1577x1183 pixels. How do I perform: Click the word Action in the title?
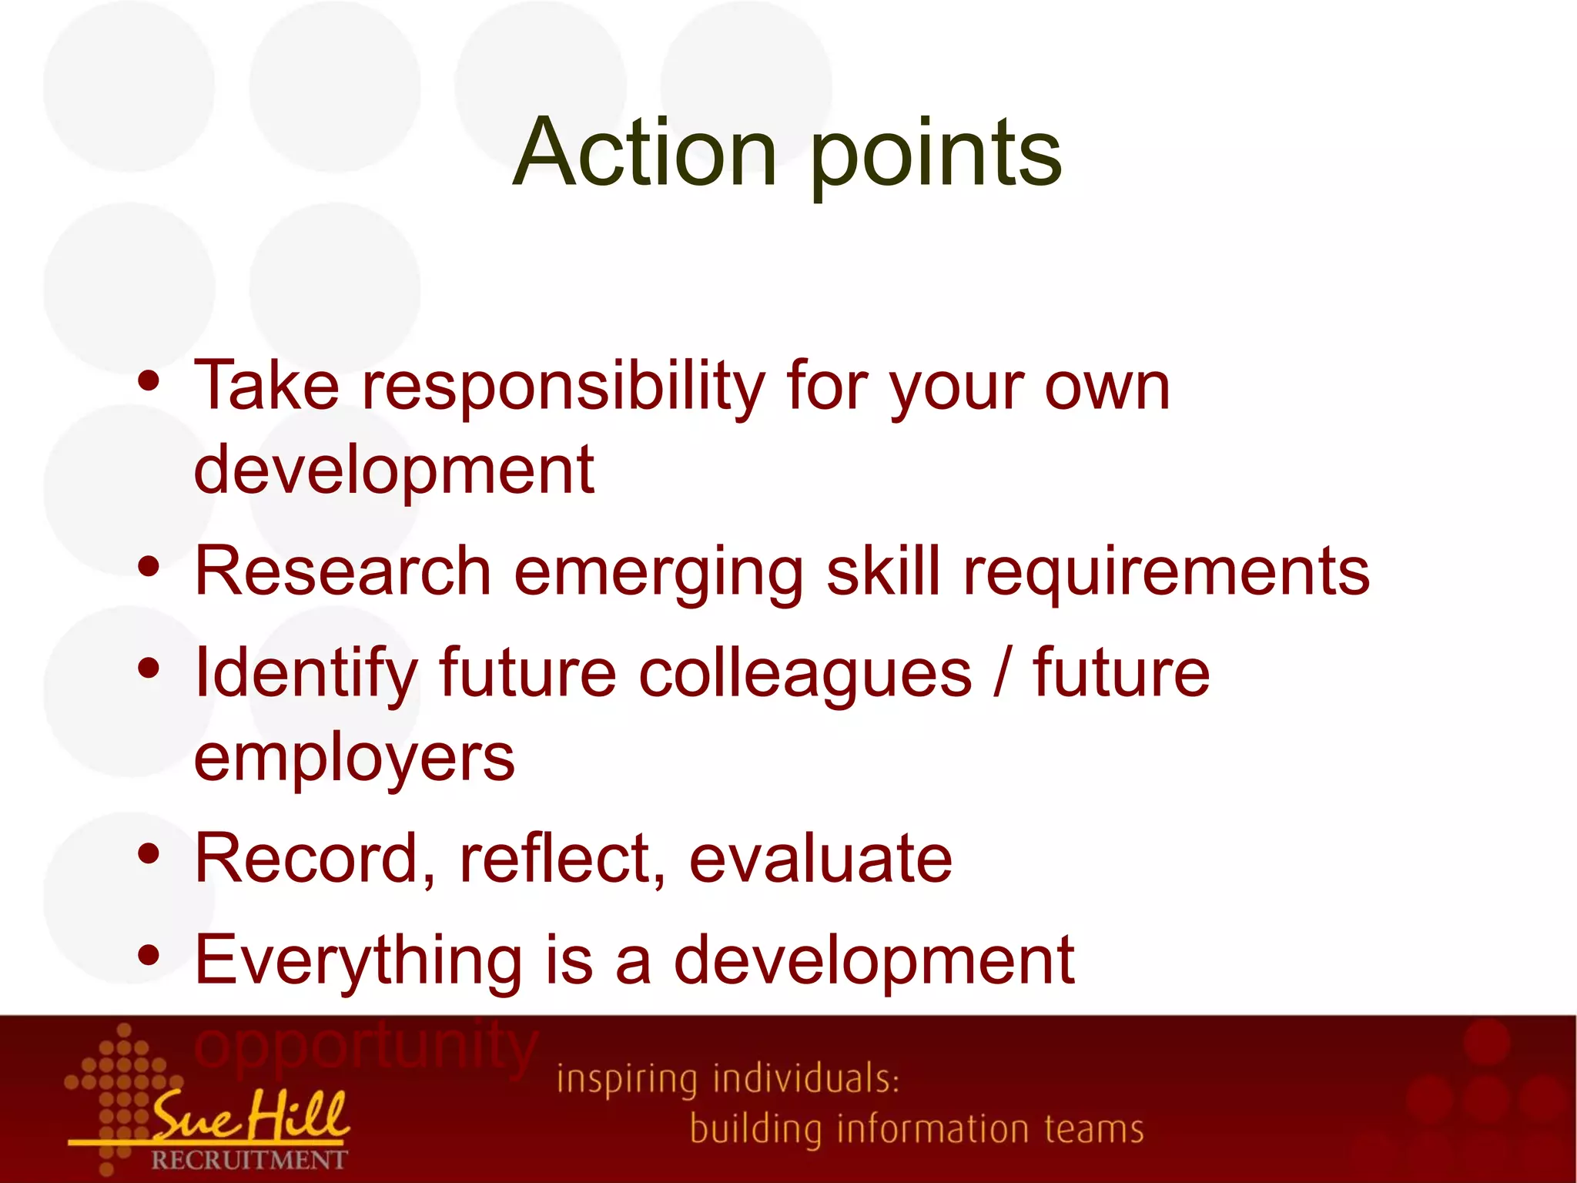[x=645, y=152]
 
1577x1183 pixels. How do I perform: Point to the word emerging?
[x=658, y=574]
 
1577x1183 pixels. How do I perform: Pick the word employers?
[x=354, y=759]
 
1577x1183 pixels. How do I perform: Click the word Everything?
[x=358, y=961]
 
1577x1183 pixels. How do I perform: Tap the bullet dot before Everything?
[x=149, y=956]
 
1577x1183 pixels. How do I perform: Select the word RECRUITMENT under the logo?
[x=249, y=1160]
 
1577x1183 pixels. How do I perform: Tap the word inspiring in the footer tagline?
[x=626, y=1080]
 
